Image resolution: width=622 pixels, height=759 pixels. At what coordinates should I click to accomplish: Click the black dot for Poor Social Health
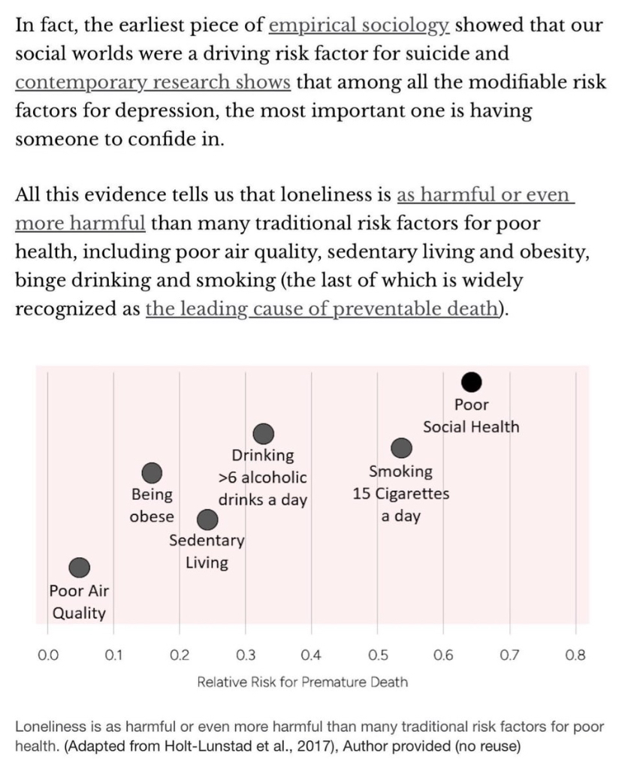471,382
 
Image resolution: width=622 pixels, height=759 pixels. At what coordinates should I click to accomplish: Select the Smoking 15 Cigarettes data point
403,448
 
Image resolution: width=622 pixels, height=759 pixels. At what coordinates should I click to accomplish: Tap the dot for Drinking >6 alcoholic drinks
263,433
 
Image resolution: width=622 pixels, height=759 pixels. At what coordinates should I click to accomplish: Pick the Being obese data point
152,472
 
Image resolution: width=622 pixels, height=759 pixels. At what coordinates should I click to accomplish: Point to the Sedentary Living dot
207,520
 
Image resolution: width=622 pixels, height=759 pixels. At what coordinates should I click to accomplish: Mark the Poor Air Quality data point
80,568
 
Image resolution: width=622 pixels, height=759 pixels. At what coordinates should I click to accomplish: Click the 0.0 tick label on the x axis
48,655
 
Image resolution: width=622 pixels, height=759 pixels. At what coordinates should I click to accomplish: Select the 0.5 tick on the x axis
377,655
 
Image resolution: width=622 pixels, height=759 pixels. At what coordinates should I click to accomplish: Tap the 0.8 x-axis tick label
575,655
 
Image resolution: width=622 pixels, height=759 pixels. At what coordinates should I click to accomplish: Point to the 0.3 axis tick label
246,655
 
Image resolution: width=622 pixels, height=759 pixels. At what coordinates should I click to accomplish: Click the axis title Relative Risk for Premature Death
303,682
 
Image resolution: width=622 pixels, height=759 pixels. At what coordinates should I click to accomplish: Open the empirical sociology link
359,26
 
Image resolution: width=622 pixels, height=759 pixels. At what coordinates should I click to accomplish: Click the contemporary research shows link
152,82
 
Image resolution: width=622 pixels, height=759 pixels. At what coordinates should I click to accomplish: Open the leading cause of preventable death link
323,309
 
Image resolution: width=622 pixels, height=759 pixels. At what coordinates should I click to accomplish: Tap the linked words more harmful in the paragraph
80,223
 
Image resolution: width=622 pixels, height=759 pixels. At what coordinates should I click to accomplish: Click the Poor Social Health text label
471,416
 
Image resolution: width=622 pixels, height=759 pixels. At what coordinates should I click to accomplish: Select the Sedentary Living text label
207,551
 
